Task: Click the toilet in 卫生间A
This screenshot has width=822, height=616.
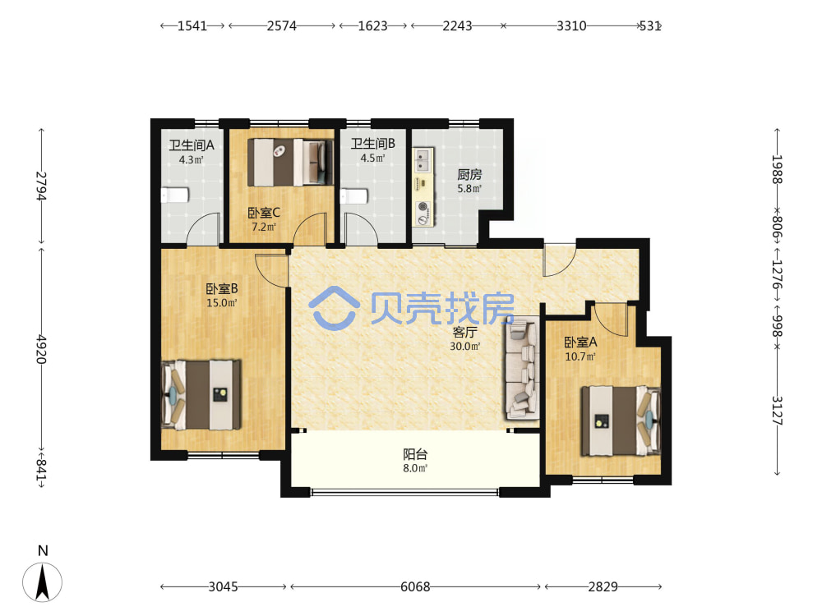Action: (174, 195)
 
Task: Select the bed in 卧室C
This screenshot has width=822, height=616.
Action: (290, 162)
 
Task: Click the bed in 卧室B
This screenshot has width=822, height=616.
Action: (201, 394)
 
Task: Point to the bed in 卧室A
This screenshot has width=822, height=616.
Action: (621, 421)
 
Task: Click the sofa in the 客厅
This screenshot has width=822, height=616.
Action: (522, 370)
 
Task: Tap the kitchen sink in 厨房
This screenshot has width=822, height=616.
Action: (423, 160)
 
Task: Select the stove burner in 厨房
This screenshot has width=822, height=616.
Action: (423, 214)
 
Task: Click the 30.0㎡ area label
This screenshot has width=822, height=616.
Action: (465, 347)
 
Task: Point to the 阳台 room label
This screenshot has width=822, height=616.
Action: (415, 454)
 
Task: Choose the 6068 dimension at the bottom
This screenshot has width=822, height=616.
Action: (415, 586)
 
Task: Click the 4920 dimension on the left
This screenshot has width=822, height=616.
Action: (42, 349)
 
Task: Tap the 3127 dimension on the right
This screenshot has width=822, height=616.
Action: (777, 410)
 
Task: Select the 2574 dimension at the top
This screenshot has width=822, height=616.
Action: (281, 25)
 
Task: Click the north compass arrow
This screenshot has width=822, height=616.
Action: (43, 582)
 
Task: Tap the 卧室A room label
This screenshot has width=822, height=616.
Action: (580, 342)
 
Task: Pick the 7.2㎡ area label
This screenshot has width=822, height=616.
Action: (264, 227)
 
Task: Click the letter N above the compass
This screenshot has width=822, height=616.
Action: (43, 550)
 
